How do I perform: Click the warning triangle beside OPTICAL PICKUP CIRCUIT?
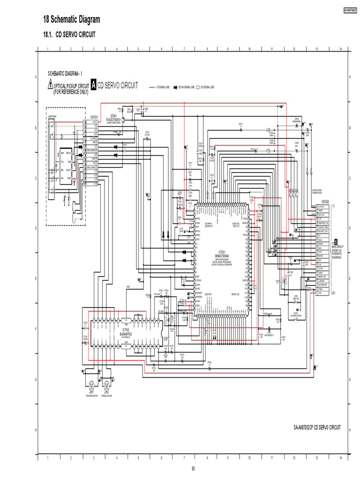pyautogui.click(x=50, y=84)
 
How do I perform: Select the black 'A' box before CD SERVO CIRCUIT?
pyautogui.click(x=94, y=85)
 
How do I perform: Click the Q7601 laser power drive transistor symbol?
pyautogui.click(x=124, y=120)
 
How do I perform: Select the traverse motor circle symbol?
pyautogui.click(x=91, y=385)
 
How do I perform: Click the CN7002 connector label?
pyautogui.click(x=325, y=202)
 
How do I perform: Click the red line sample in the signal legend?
pyautogui.click(x=152, y=87)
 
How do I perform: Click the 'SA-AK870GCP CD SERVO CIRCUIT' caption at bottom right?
pyautogui.click(x=316, y=428)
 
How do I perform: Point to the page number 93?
pyautogui.click(x=193, y=468)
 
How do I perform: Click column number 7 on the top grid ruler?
pyautogui.click(x=184, y=49)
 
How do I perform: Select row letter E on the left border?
pyautogui.click(x=36, y=278)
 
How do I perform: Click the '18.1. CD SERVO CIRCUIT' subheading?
pyautogui.click(x=70, y=35)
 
